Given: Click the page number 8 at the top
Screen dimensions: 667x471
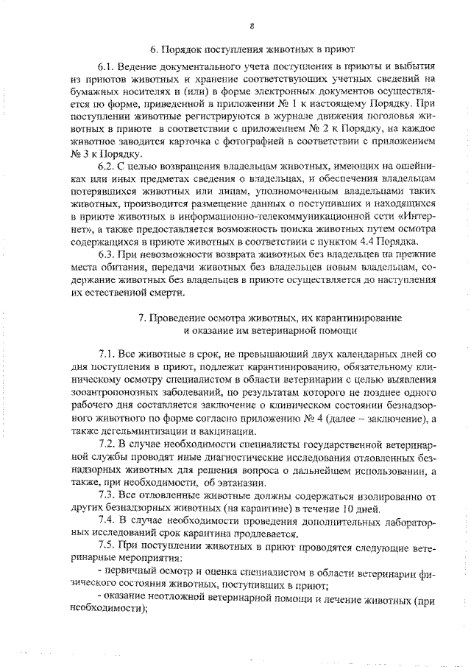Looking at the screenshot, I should [x=251, y=29].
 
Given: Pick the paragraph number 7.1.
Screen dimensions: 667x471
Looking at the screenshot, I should [x=107, y=356].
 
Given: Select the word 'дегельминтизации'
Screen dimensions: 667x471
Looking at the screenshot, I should [x=144, y=433].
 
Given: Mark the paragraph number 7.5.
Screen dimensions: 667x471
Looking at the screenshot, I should [x=107, y=547].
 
